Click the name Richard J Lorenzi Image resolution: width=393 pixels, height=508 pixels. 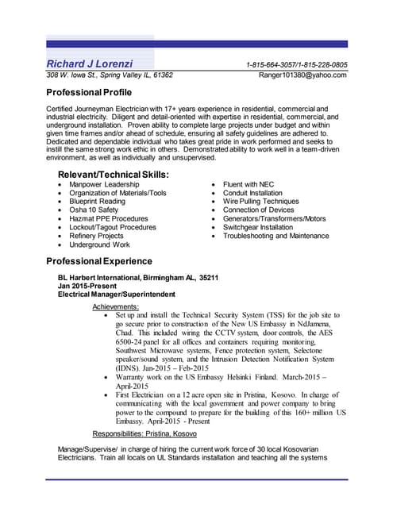click(x=90, y=63)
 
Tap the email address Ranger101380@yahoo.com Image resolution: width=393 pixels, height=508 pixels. click(x=303, y=75)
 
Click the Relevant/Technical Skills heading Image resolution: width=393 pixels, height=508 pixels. click(x=114, y=174)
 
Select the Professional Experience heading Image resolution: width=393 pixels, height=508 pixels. click(x=98, y=261)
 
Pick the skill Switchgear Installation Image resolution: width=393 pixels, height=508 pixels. click(x=258, y=227)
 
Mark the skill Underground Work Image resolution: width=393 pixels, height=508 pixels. click(x=99, y=245)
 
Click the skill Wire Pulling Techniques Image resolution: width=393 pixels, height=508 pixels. click(x=261, y=202)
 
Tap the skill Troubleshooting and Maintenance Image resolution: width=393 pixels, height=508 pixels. click(x=275, y=236)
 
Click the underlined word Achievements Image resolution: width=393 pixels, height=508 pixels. click(x=116, y=306)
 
